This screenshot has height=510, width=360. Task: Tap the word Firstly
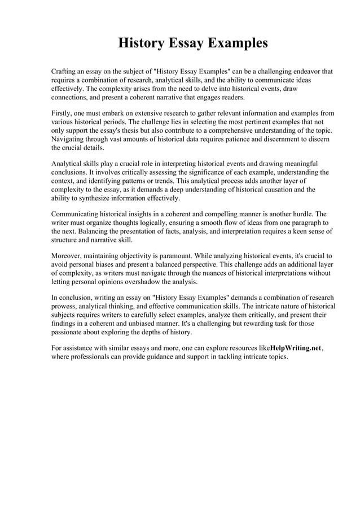(63, 112)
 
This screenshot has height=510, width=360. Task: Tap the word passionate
(69, 333)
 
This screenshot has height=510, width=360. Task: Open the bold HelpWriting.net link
(296, 348)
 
